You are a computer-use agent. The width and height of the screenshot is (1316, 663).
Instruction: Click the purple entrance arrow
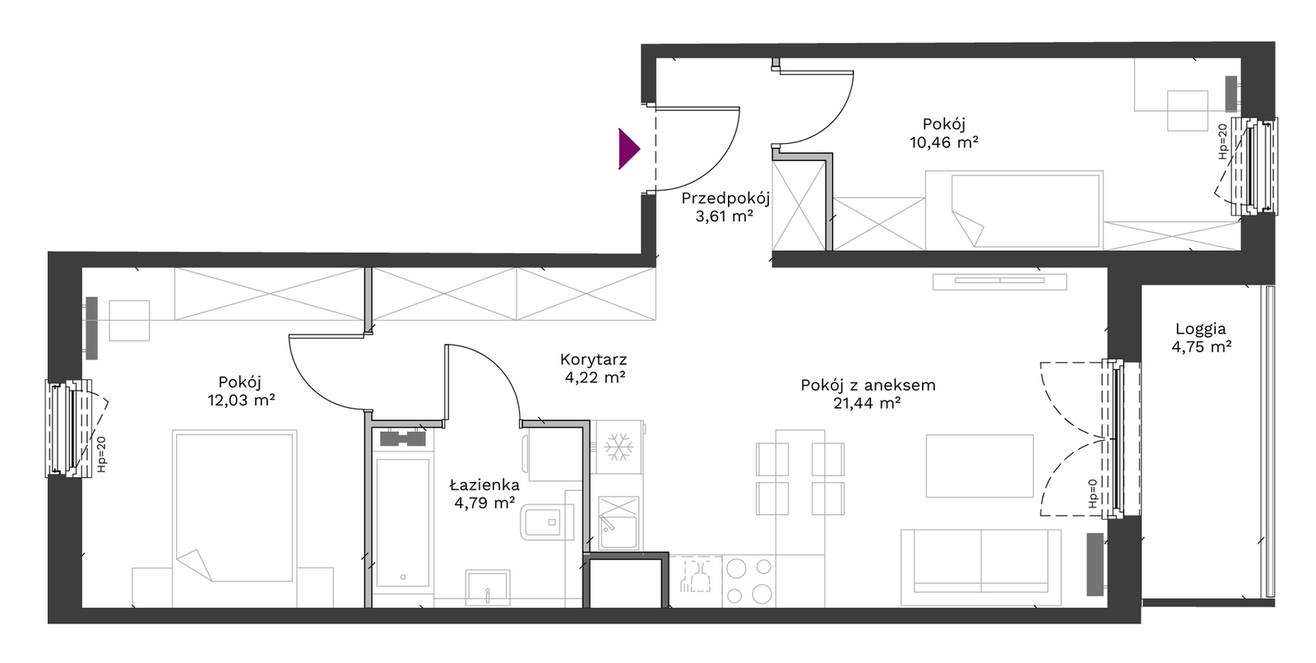pyautogui.click(x=628, y=149)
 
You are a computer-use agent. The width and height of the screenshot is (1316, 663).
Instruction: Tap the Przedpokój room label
pyautogui.click(x=725, y=198)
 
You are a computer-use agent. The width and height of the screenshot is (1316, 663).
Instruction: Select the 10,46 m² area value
pyautogui.click(x=943, y=142)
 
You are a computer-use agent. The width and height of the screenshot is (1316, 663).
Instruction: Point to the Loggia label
pyautogui.click(x=1201, y=329)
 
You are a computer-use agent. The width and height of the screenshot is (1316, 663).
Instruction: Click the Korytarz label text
pyautogui.click(x=593, y=359)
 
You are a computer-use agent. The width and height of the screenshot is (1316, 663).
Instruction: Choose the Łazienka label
pyautogui.click(x=484, y=484)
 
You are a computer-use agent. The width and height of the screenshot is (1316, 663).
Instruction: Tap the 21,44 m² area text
pyautogui.click(x=867, y=403)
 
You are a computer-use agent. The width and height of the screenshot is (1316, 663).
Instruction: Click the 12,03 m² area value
pyautogui.click(x=241, y=401)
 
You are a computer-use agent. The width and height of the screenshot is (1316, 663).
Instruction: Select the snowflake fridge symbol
pyautogui.click(x=619, y=447)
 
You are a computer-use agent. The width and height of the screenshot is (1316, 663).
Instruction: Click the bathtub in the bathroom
pyautogui.click(x=402, y=523)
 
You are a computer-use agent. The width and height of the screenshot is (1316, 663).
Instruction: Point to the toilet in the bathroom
pyautogui.click(x=547, y=522)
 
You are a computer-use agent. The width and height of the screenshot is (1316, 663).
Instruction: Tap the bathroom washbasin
pyautogui.click(x=488, y=587)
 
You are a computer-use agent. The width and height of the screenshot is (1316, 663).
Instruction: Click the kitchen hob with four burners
pyautogui.click(x=748, y=581)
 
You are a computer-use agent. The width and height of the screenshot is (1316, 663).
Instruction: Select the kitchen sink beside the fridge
pyautogui.click(x=618, y=522)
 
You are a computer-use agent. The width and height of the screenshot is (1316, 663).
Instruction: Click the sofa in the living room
pyautogui.click(x=980, y=568)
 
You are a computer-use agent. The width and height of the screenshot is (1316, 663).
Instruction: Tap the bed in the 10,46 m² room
pyautogui.click(x=1014, y=211)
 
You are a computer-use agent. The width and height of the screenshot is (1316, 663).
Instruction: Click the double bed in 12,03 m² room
pyautogui.click(x=234, y=518)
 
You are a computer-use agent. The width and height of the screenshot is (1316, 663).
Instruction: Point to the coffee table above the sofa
pyautogui.click(x=980, y=466)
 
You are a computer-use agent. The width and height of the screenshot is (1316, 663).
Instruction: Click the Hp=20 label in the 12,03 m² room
pyautogui.click(x=102, y=454)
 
